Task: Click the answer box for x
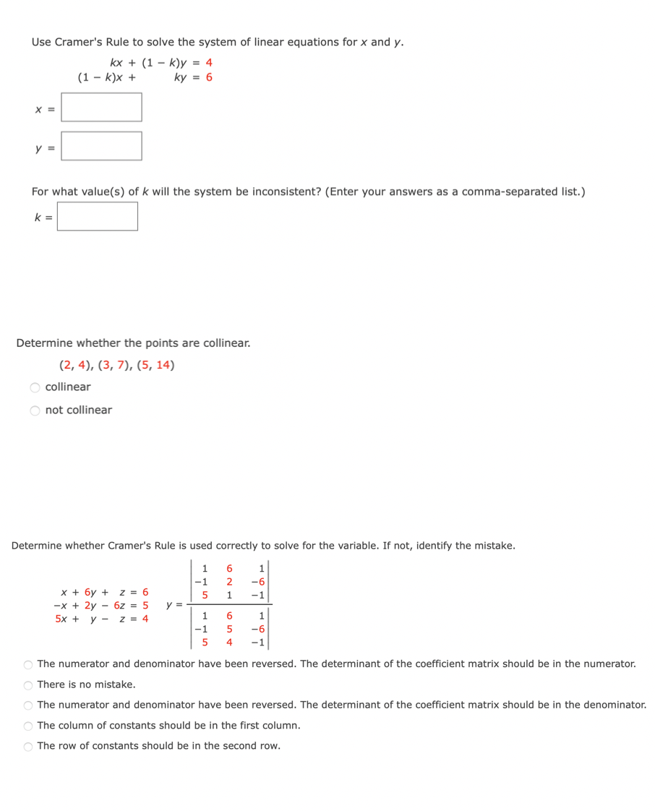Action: coord(101,107)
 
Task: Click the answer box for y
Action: coord(101,146)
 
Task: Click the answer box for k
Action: coord(98,216)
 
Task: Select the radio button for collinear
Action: coord(35,387)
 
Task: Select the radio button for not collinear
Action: coord(35,411)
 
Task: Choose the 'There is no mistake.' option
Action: coord(28,685)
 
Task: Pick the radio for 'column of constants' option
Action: coord(28,726)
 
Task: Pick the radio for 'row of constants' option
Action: coord(28,746)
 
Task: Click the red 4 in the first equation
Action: coord(209,63)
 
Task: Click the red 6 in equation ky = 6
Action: coord(209,77)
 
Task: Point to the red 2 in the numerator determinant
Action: coord(228,582)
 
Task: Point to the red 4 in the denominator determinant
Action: coord(228,642)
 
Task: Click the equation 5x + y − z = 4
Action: coord(102,619)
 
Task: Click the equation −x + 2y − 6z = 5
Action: coord(101,605)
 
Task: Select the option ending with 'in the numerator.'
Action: coord(28,664)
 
